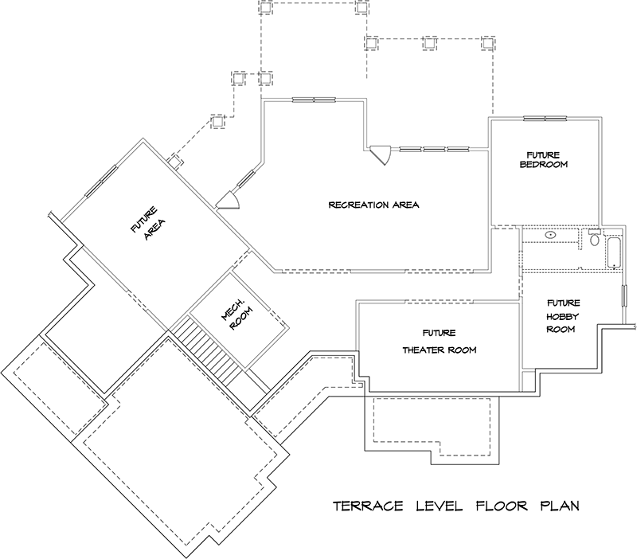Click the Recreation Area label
(x=373, y=205)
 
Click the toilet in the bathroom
(x=595, y=238)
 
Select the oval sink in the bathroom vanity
(x=550, y=236)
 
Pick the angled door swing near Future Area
(x=229, y=198)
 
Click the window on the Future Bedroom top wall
(x=545, y=119)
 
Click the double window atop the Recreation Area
(x=314, y=100)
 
